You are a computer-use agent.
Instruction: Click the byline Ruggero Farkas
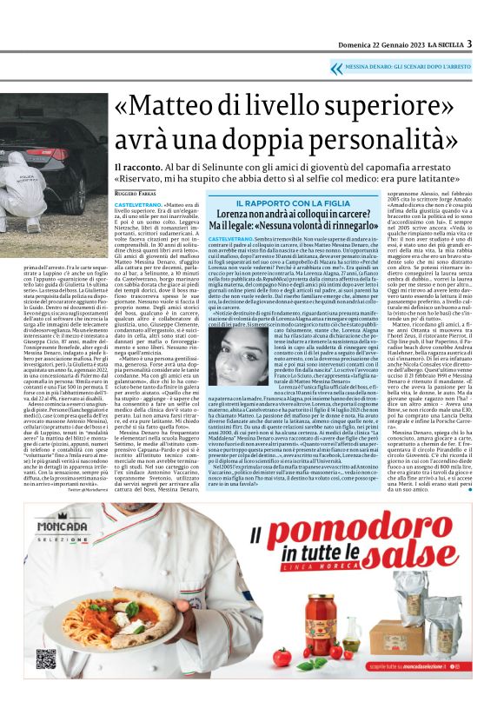(134, 194)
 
